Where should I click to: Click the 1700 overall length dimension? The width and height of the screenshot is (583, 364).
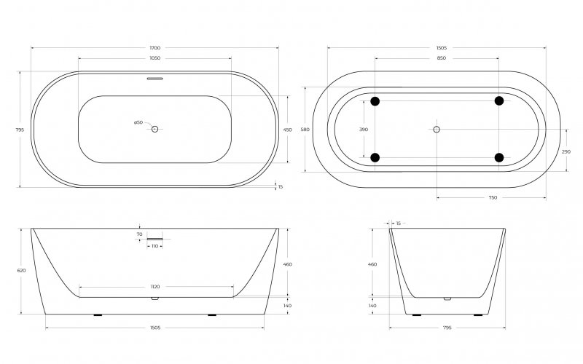pyautogui.click(x=155, y=48)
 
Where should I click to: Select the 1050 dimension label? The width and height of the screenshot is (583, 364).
pyautogui.click(x=155, y=58)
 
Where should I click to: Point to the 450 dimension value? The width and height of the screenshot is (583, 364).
pyautogui.click(x=287, y=130)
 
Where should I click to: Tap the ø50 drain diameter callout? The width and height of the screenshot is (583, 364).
pyautogui.click(x=138, y=122)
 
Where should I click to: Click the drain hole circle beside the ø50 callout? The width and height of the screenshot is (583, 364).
pyautogui.click(x=155, y=129)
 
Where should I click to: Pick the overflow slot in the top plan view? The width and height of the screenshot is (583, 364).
pyautogui.click(x=155, y=79)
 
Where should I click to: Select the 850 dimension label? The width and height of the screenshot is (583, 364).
pyautogui.click(x=442, y=58)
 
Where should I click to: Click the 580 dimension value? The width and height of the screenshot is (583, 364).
pyautogui.click(x=305, y=130)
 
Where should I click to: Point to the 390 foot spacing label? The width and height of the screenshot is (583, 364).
pyautogui.click(x=364, y=130)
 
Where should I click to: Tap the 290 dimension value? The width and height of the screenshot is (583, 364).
pyautogui.click(x=566, y=152)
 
